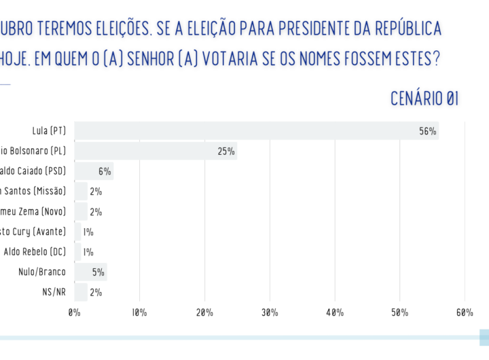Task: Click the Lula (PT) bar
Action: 256,131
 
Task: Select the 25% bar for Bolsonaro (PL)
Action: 156,151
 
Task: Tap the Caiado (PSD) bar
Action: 94,171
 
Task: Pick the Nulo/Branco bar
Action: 90,272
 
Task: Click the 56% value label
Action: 427,131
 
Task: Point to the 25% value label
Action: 226,151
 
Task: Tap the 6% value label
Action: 104,171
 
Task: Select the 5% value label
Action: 98,272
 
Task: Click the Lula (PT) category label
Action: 49,131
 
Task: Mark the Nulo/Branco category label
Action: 42,272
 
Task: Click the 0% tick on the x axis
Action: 75,312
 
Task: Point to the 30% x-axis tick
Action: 270,312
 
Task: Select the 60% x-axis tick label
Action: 465,312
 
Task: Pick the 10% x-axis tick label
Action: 139,312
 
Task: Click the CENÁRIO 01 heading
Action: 424,98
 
